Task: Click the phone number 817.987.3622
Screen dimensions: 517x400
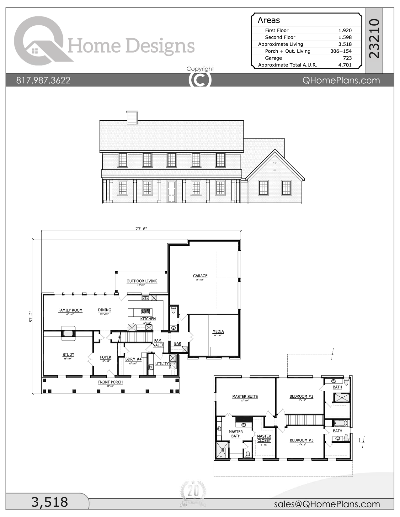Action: coord(43,81)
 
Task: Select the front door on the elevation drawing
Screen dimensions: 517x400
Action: coord(171,191)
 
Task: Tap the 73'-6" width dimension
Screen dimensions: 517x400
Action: coord(141,229)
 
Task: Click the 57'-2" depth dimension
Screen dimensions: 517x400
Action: coord(30,316)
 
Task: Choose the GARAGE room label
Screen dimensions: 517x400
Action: coord(200,276)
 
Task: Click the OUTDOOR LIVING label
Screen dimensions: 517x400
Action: coord(142,281)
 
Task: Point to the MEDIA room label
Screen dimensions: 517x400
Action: coord(218,332)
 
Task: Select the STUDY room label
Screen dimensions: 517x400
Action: coord(68,355)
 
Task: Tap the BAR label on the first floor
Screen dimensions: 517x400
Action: coord(178,344)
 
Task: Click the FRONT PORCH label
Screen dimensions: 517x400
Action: coord(110,382)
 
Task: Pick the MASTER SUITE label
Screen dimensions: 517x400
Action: coord(245,396)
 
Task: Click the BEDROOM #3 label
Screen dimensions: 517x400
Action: coord(301,440)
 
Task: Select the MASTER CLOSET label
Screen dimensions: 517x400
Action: coord(264,438)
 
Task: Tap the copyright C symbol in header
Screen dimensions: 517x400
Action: coord(200,80)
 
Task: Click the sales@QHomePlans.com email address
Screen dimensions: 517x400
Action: coord(327,504)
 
